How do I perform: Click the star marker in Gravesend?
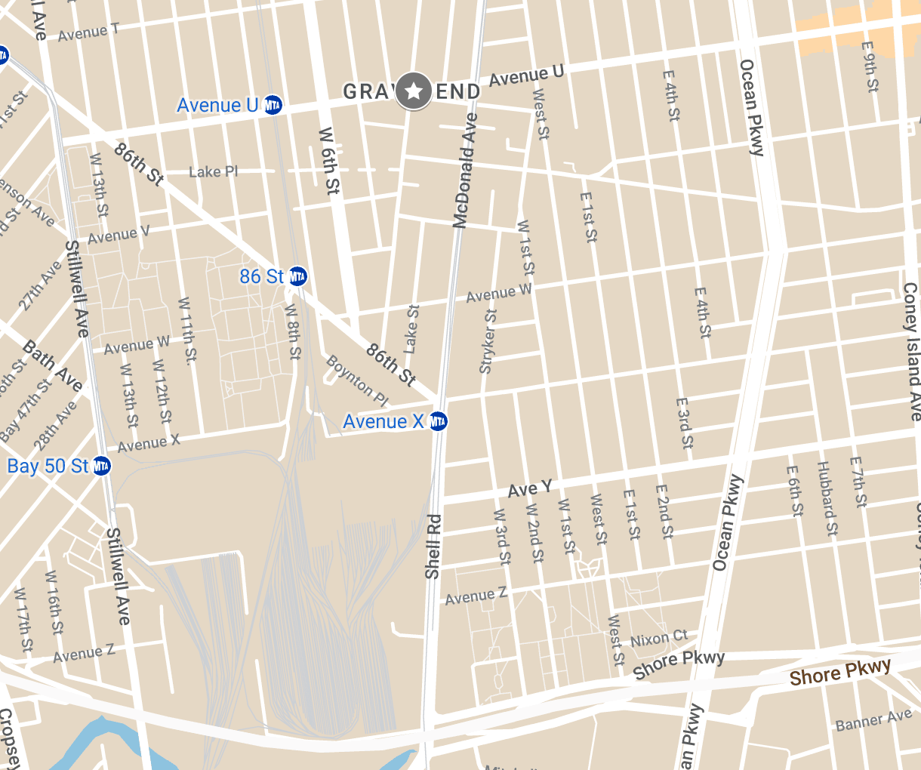(x=414, y=91)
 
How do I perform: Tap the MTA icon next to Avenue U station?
(x=273, y=105)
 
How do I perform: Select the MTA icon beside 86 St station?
(x=297, y=276)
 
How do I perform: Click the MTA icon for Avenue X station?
(x=438, y=421)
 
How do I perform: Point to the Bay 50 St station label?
(x=48, y=466)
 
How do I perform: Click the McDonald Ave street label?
(x=466, y=170)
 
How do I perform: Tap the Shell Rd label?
(x=433, y=547)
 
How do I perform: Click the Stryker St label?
(x=488, y=341)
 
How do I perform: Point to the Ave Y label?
(x=529, y=489)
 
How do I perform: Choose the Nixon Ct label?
(x=659, y=639)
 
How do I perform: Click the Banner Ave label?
(x=873, y=721)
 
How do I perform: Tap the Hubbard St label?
(x=827, y=498)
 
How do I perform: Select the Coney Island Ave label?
(x=912, y=351)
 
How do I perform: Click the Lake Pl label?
(x=213, y=172)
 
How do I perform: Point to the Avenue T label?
(x=88, y=32)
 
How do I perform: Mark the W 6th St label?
(x=329, y=161)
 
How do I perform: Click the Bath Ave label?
(x=52, y=366)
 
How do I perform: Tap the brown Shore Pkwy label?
(x=840, y=672)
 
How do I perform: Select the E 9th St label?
(x=870, y=66)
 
